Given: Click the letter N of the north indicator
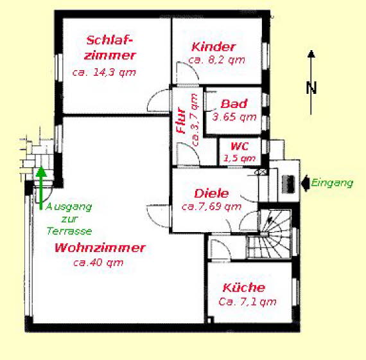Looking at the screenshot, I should click(x=311, y=88).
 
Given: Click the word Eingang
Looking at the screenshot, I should click(x=332, y=183).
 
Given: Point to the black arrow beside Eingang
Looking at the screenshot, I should click(x=303, y=182).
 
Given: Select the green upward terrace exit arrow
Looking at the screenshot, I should click(x=40, y=186).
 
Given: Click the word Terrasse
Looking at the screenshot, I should click(x=69, y=231).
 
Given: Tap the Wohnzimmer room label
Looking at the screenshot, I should click(x=100, y=248).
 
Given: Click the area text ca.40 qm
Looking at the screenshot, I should click(x=98, y=262).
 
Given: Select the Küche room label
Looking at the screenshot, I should click(x=243, y=287).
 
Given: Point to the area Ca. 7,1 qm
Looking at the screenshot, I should click(x=247, y=301).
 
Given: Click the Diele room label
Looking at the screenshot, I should click(x=211, y=193).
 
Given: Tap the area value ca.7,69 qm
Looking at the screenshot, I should click(x=211, y=206).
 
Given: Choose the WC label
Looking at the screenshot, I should click(x=240, y=147).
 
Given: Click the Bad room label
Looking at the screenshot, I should click(x=234, y=104).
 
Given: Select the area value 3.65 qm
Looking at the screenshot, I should click(x=234, y=117).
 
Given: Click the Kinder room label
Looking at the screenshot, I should click(x=214, y=46).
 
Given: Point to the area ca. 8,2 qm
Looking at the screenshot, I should click(x=217, y=60).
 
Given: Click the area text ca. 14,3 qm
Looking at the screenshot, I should click(x=104, y=72).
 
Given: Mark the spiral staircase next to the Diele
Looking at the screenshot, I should click(x=273, y=231).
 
